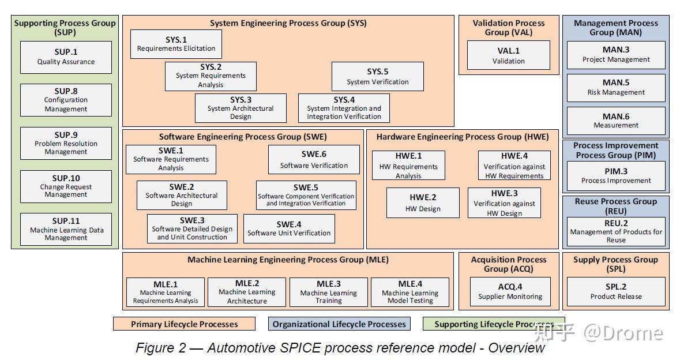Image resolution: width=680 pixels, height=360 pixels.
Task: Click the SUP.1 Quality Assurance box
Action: (x=66, y=57)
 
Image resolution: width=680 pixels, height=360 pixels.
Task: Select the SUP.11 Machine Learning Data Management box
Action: (x=66, y=229)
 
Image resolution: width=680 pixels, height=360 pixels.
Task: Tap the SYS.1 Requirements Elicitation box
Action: (x=176, y=44)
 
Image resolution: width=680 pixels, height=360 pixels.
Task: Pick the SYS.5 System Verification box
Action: (x=377, y=76)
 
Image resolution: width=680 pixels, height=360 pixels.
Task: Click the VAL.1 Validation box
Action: (x=509, y=55)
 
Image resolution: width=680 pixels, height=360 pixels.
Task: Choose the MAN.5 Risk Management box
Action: (x=616, y=88)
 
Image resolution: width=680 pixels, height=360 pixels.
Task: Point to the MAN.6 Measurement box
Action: (x=616, y=121)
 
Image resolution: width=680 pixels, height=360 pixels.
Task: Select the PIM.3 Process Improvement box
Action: (x=616, y=176)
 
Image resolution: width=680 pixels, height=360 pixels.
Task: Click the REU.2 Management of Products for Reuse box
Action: (x=616, y=231)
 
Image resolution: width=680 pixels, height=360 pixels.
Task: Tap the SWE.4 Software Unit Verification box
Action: (x=289, y=228)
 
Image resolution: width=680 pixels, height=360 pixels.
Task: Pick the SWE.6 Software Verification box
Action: (x=314, y=160)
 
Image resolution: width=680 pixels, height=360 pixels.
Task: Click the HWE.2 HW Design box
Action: (x=423, y=202)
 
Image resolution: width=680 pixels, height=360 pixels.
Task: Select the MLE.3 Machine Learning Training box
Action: (x=329, y=292)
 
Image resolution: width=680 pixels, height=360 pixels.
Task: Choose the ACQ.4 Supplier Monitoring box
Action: (x=510, y=291)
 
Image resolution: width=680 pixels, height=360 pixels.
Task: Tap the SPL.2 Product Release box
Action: (x=616, y=291)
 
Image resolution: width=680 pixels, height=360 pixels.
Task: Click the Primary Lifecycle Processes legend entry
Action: (x=185, y=324)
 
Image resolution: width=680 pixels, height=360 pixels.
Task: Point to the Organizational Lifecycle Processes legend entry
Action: (x=339, y=324)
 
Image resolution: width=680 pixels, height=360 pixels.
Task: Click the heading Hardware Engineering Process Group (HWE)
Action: (x=463, y=137)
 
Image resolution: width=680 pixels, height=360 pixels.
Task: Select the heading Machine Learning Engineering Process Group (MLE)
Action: (x=288, y=260)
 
